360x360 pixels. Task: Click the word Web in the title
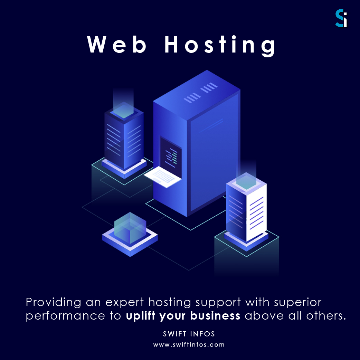[x=117, y=45]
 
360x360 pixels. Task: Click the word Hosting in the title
[x=220, y=46]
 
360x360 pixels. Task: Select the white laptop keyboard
[x=163, y=177]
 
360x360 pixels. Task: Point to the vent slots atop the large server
[x=201, y=93]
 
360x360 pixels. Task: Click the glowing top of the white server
[x=246, y=181]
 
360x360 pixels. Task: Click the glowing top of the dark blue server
[x=124, y=110]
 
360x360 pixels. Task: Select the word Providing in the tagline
[x=54, y=303]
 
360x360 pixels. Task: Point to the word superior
[x=297, y=303]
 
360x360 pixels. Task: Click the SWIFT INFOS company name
[x=189, y=334]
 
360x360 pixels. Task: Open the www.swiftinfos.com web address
[x=189, y=344]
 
